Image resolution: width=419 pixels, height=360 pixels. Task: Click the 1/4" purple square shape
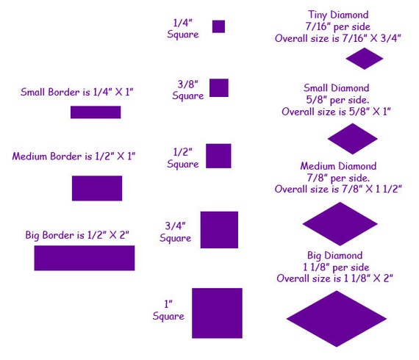(218, 26)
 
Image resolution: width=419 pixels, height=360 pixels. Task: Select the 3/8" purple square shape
(219, 88)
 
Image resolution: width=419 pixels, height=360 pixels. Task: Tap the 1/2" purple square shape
(218, 156)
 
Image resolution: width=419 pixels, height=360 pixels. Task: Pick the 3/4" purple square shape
(219, 230)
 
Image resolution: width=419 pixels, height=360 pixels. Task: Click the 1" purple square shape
(217, 313)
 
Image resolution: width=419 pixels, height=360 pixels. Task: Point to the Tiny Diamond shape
(365, 59)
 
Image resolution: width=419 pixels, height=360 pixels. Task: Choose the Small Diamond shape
(352, 139)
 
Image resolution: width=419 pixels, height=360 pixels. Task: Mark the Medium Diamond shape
(340, 224)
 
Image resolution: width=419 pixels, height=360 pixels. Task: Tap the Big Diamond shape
(337, 319)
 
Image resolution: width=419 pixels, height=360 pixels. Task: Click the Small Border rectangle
(96, 112)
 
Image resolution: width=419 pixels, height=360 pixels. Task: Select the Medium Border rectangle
(97, 188)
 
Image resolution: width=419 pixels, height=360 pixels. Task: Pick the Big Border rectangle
(85, 258)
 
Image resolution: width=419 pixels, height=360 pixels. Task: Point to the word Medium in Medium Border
(29, 156)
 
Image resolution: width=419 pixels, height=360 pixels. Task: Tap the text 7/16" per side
(338, 26)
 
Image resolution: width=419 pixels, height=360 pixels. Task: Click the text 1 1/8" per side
(336, 267)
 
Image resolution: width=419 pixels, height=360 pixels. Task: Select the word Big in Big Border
(32, 236)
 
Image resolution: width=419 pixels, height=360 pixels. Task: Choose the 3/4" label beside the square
(175, 226)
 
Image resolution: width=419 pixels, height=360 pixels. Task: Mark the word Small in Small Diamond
(315, 88)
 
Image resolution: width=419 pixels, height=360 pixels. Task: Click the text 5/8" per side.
(337, 100)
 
